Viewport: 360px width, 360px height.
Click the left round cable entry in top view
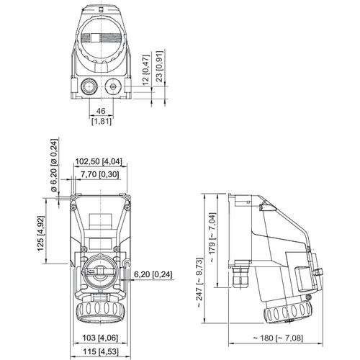(x=87, y=87)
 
